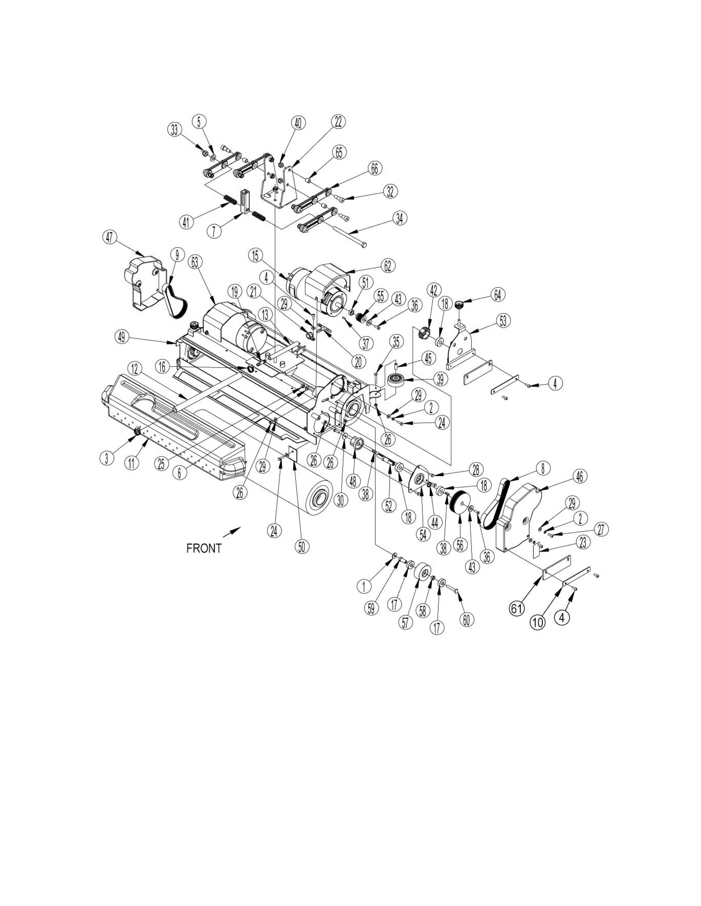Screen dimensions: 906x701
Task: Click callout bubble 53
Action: coord(503,321)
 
